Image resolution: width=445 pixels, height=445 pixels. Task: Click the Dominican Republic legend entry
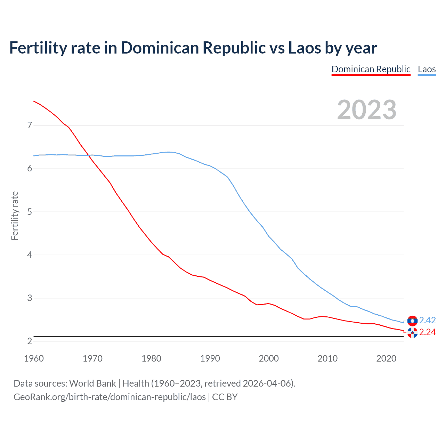click(x=371, y=69)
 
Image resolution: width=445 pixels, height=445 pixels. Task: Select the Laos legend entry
click(x=427, y=69)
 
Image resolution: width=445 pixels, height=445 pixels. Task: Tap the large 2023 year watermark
click(x=366, y=110)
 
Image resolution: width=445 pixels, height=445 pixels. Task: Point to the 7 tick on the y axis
click(x=30, y=125)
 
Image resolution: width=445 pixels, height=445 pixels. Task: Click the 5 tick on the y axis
click(x=30, y=212)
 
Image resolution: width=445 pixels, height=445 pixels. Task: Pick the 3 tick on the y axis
click(x=30, y=298)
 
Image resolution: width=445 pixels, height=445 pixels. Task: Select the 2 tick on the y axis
click(x=30, y=341)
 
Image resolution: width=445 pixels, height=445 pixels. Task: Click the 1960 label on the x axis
click(x=34, y=358)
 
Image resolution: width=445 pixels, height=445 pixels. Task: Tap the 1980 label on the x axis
click(x=151, y=358)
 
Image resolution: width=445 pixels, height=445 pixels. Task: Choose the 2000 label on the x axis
click(x=269, y=358)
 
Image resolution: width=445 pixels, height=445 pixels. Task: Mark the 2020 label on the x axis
click(x=386, y=358)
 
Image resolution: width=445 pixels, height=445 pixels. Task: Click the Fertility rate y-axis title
click(x=15, y=216)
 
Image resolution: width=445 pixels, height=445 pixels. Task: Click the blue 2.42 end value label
click(x=427, y=320)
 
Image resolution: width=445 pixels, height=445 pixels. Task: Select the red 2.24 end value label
click(x=427, y=332)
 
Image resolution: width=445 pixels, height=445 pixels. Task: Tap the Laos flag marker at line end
click(x=412, y=321)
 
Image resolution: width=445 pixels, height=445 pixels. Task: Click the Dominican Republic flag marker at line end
click(x=412, y=333)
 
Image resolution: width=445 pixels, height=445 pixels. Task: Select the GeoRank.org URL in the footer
click(x=110, y=397)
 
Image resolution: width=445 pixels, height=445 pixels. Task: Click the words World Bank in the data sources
click(x=92, y=383)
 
